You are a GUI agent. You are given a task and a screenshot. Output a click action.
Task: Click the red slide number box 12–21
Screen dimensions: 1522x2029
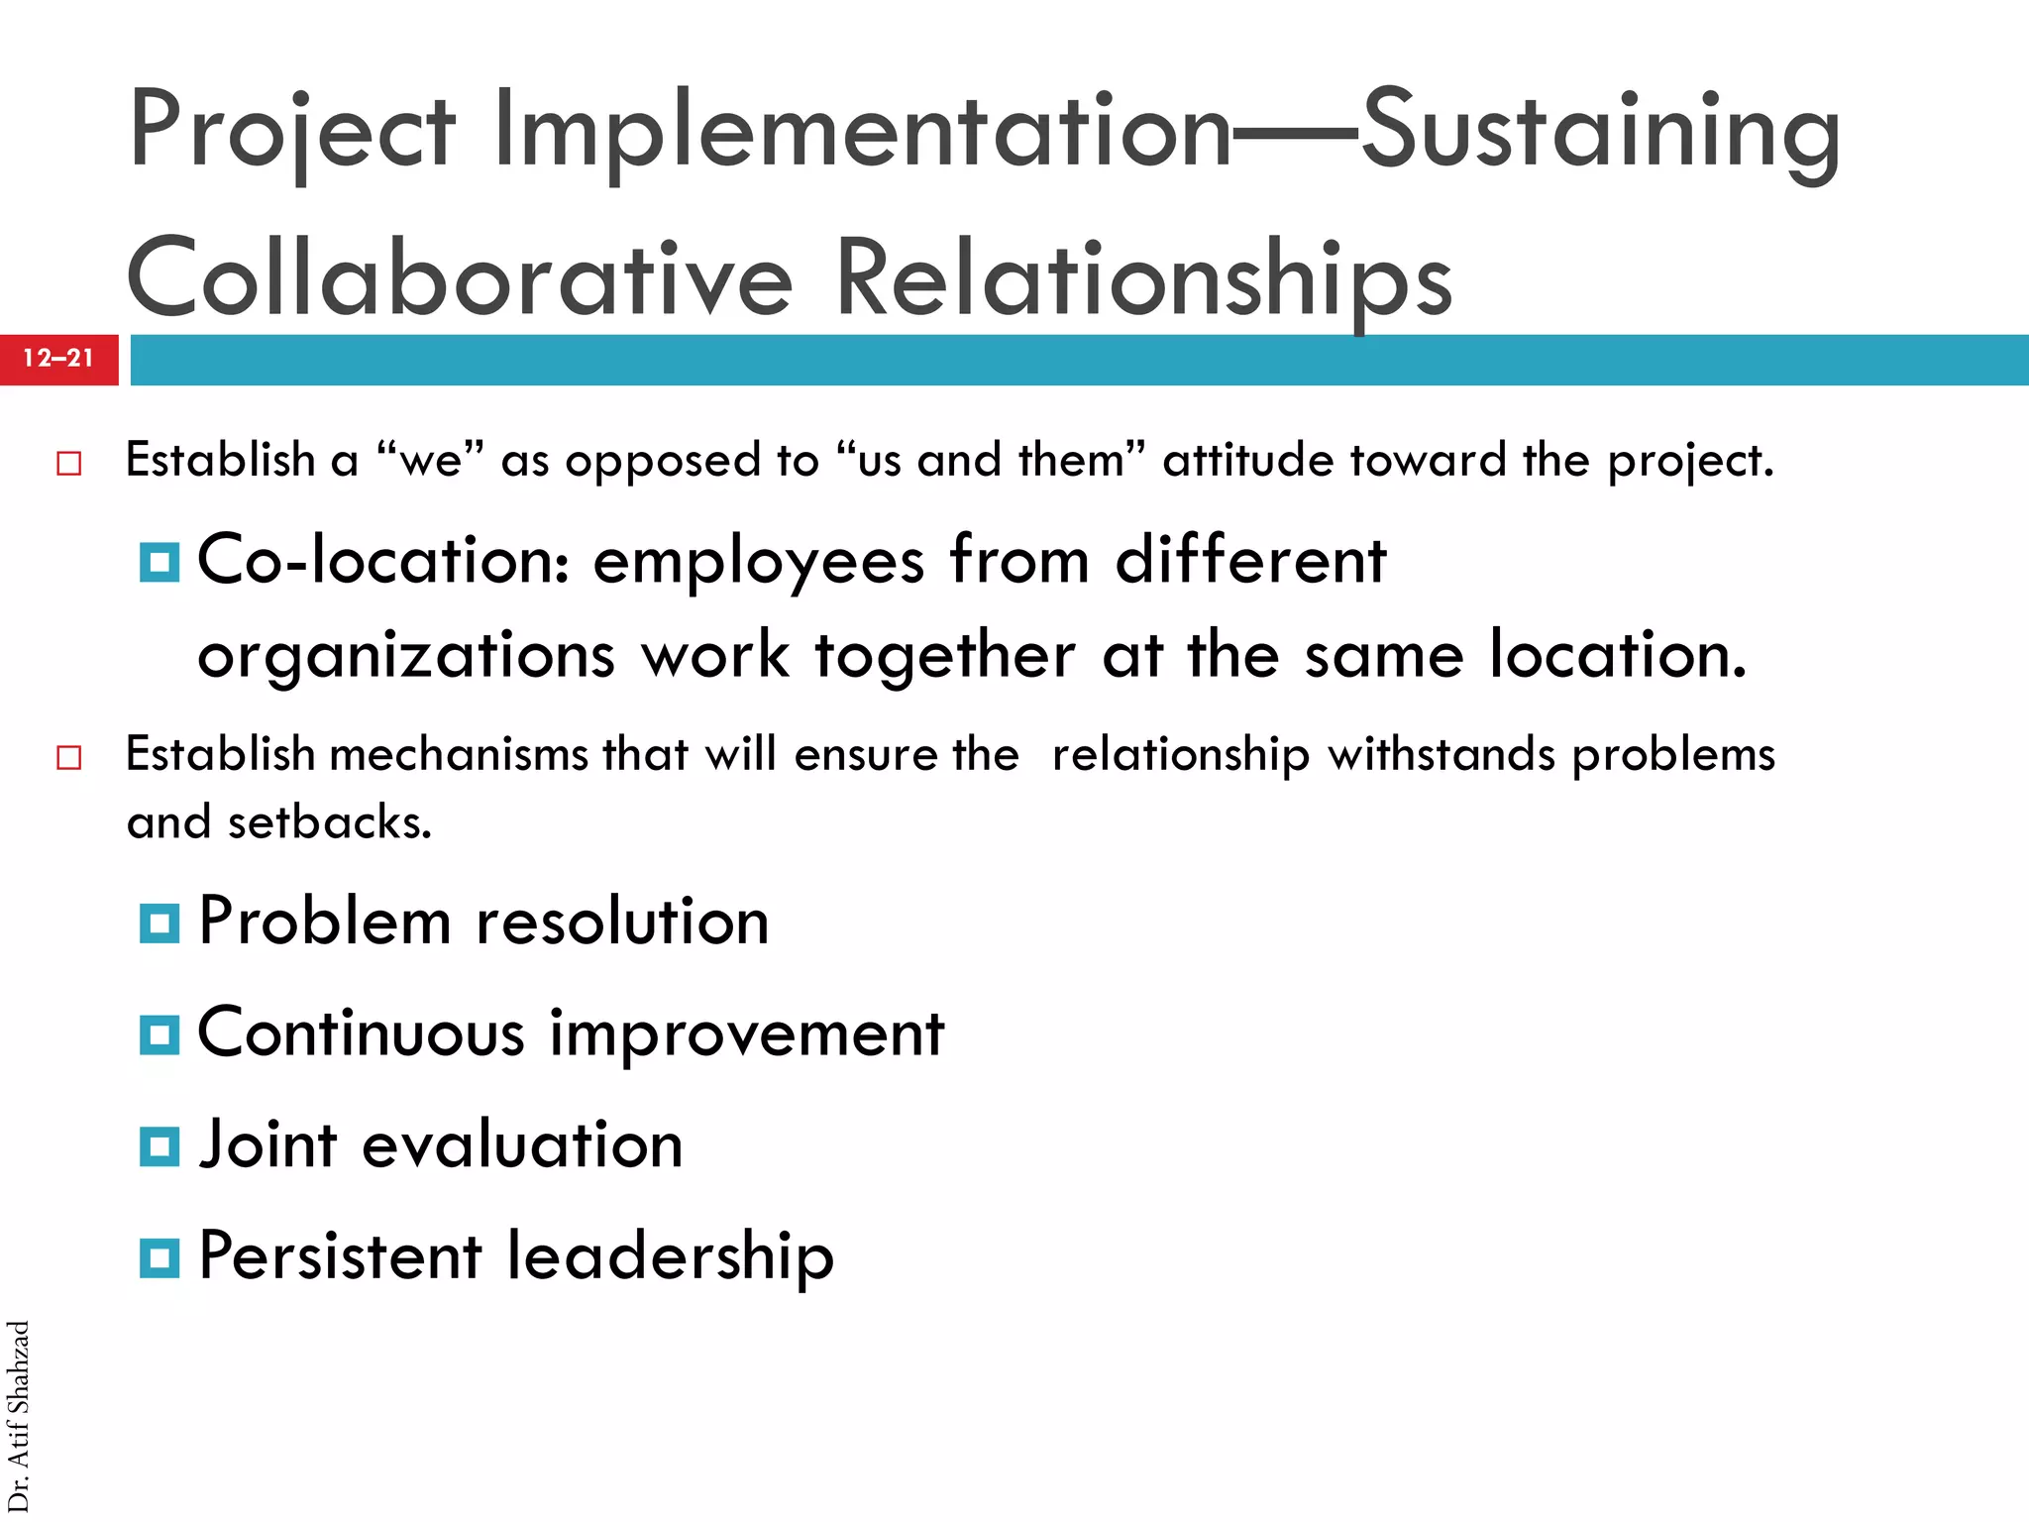click(58, 359)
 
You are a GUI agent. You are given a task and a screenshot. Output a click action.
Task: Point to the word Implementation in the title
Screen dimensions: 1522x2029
click(862, 132)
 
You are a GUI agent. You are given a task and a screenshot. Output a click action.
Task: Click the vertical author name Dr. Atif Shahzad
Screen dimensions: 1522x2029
click(19, 1416)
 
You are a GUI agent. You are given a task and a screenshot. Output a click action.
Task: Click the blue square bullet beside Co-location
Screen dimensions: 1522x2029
click(160, 563)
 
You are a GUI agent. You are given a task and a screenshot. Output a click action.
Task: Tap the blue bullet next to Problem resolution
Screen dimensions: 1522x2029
click(160, 924)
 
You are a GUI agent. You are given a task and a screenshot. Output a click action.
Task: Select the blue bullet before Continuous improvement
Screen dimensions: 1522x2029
click(160, 1035)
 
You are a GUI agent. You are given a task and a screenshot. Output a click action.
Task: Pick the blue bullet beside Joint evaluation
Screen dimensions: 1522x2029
click(160, 1147)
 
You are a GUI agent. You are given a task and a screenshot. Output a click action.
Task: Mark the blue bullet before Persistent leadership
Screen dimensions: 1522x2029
click(160, 1258)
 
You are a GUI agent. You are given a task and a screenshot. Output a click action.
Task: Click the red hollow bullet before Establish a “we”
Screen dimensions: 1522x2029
click(68, 463)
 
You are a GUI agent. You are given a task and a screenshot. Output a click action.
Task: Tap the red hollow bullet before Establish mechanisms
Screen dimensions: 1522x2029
click(68, 758)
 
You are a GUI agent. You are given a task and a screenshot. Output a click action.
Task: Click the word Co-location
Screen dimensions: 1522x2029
click(383, 561)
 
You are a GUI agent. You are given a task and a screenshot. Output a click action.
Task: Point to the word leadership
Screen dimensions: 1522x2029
click(670, 1256)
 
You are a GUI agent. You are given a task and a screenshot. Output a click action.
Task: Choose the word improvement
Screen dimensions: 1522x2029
click(747, 1033)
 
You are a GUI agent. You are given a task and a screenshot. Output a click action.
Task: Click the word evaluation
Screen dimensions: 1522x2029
click(522, 1145)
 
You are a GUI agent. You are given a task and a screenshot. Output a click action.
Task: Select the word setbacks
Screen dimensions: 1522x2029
click(330, 822)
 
